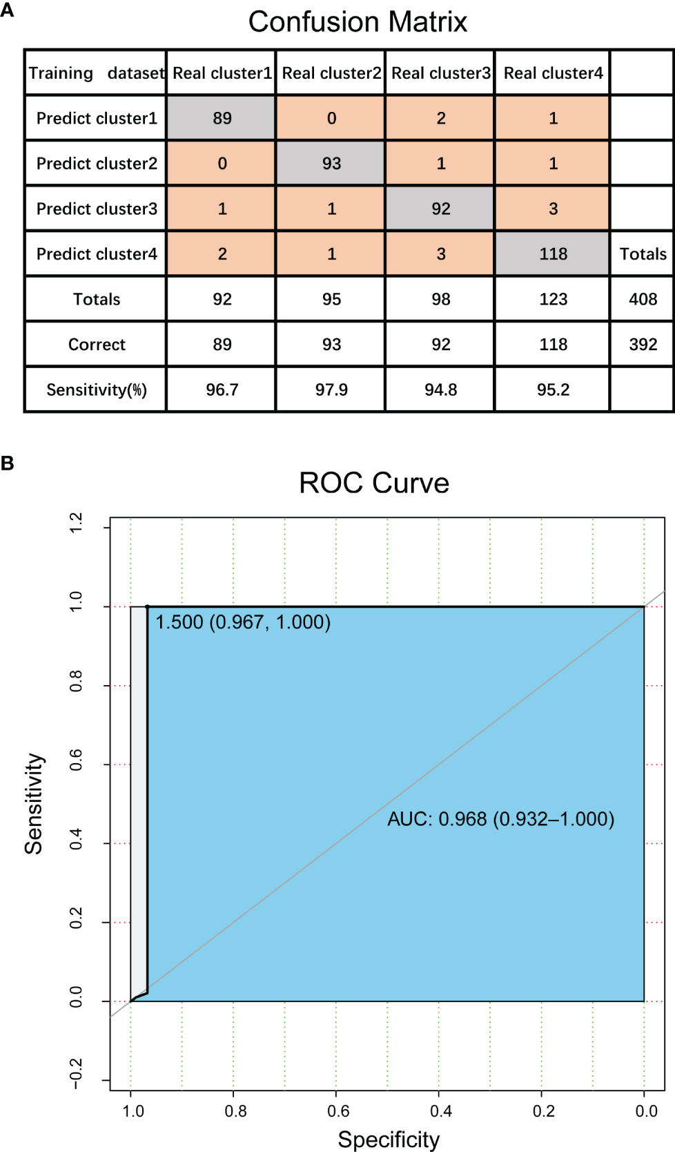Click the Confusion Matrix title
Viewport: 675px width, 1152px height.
point(358,22)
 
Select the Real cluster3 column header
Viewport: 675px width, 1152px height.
point(441,73)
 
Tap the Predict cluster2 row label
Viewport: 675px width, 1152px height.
point(97,164)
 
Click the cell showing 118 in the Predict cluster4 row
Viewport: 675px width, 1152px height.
point(553,254)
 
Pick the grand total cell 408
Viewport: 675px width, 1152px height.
point(643,299)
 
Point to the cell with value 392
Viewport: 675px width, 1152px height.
point(643,345)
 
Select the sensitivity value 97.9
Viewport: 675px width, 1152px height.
point(331,390)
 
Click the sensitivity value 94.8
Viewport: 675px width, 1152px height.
point(441,390)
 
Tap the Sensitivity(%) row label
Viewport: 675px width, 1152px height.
point(97,390)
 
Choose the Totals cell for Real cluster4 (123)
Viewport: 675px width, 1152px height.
point(553,299)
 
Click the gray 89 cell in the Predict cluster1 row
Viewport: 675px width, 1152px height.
point(222,118)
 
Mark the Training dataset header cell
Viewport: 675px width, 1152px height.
point(97,73)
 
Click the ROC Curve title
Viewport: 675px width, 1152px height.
point(373,483)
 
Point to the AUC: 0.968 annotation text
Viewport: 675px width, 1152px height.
point(500,819)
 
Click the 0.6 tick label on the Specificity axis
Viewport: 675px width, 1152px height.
point(338,1111)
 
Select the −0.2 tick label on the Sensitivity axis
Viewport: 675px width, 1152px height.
point(76,1073)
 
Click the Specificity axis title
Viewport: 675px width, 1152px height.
point(388,1139)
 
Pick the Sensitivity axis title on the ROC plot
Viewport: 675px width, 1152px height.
point(34,803)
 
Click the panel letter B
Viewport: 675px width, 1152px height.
point(8,463)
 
